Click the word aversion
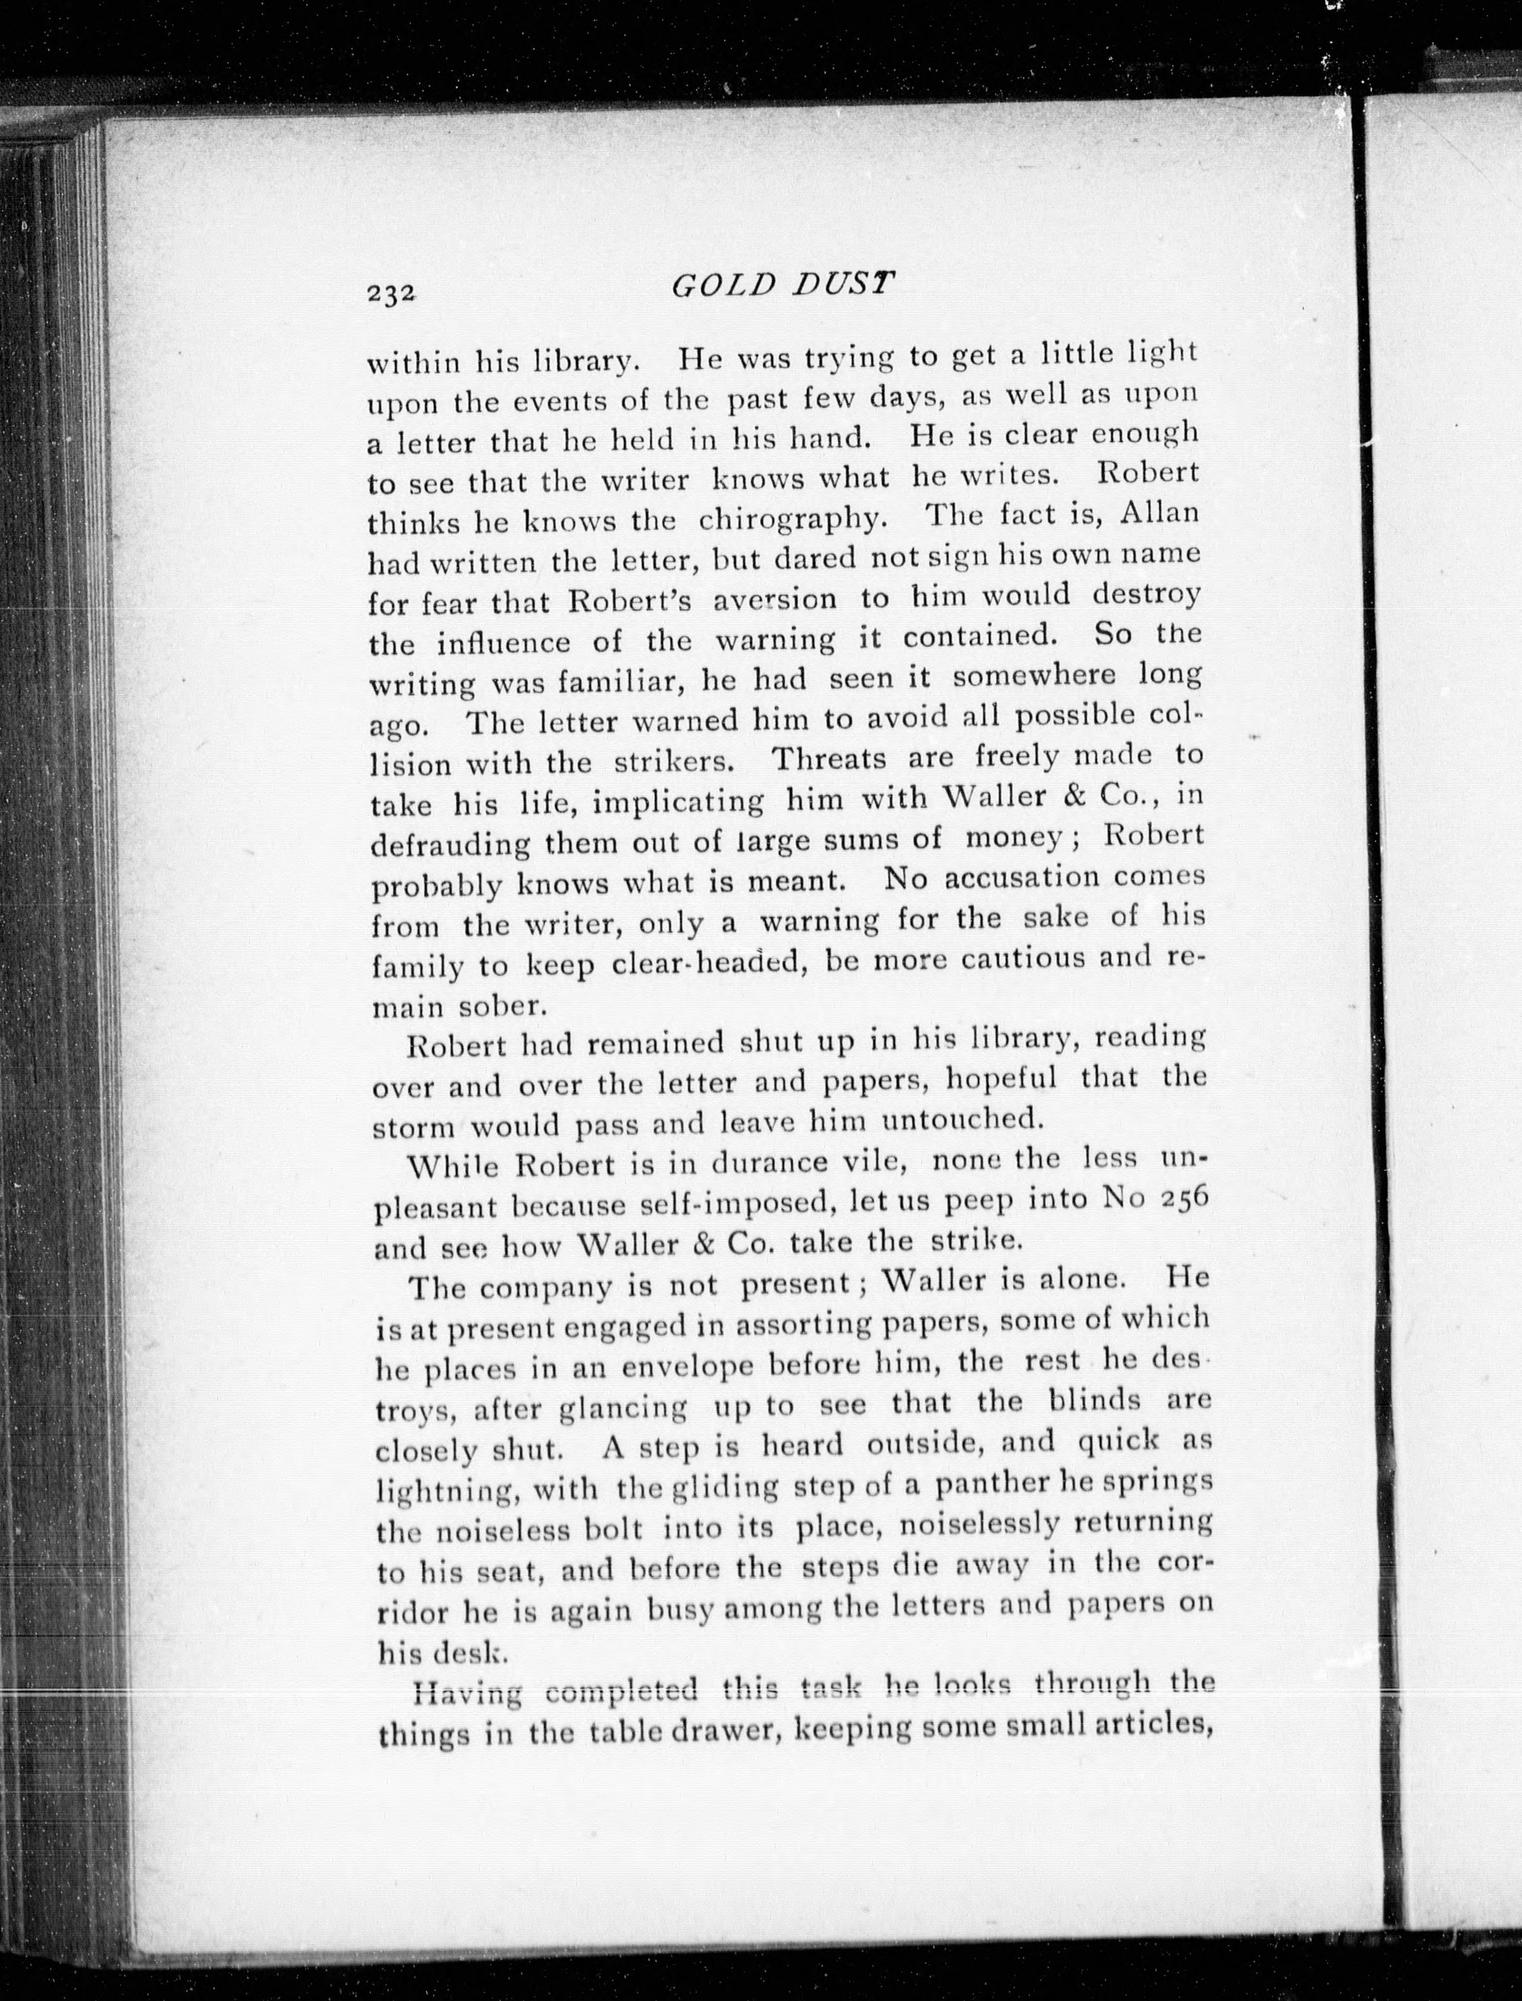point(775,600)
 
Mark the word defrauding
point(450,846)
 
